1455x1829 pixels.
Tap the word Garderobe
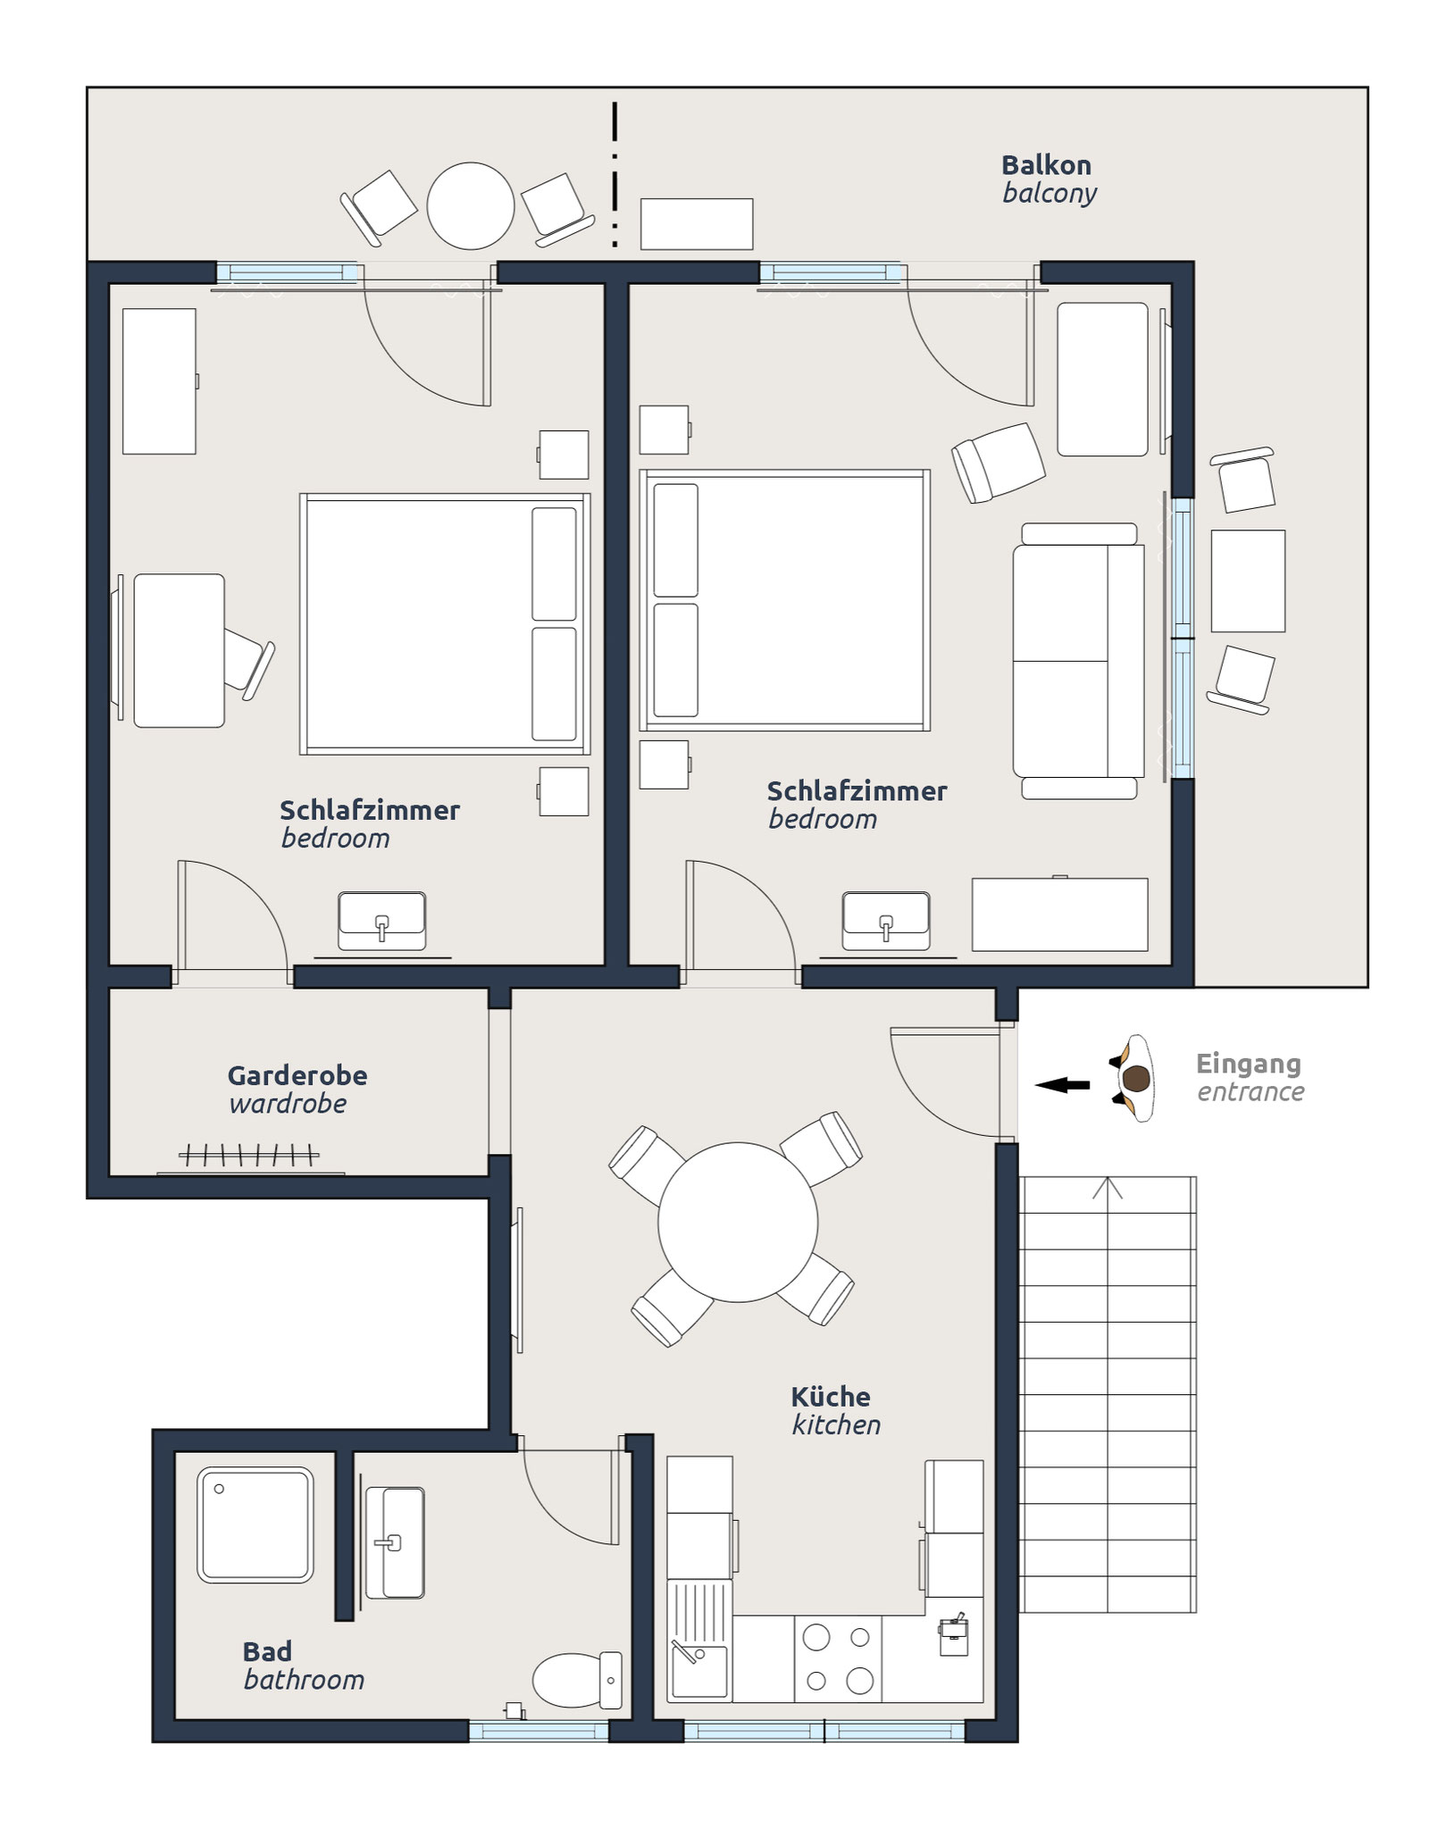[x=297, y=1075]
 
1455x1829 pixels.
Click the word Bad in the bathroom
[x=267, y=1651]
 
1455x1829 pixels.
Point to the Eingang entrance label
[x=1250, y=1077]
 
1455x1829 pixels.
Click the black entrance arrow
[x=1062, y=1085]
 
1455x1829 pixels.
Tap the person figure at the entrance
[x=1134, y=1079]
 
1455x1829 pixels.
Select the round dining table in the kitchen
[x=738, y=1223]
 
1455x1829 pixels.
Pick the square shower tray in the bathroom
[x=255, y=1524]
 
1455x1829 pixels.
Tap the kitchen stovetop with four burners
[x=838, y=1658]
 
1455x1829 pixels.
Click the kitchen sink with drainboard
[x=699, y=1641]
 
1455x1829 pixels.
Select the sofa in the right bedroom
[x=1078, y=661]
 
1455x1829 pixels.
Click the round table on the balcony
[x=471, y=205]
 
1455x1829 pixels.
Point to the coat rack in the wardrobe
[x=249, y=1156]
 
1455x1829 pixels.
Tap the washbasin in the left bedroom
[x=381, y=921]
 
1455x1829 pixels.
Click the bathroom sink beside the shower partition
[x=394, y=1542]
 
